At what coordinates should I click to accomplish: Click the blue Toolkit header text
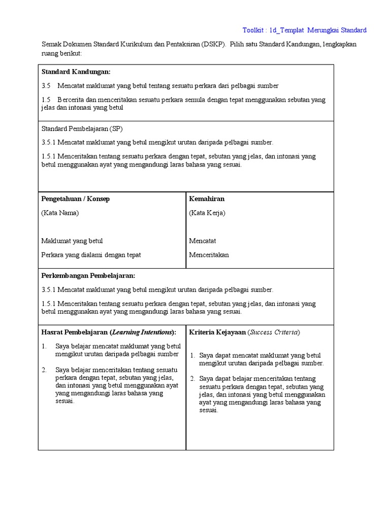[304, 30]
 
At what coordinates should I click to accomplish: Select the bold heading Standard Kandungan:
[76, 72]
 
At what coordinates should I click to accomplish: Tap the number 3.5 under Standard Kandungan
[46, 86]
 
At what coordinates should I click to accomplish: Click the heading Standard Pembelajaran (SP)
[82, 128]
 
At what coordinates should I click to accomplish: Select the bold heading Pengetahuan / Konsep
[75, 199]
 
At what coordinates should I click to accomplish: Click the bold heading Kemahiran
[207, 199]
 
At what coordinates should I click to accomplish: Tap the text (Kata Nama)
[60, 213]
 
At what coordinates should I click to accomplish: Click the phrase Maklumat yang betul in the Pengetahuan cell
[72, 241]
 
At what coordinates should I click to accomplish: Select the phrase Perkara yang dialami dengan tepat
[91, 255]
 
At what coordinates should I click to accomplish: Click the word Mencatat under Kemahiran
[202, 241]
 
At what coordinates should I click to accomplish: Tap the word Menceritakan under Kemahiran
[209, 255]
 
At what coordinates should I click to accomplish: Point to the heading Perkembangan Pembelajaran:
[88, 275]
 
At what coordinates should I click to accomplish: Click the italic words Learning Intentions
[142, 332]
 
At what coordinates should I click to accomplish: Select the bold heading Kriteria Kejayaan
[217, 332]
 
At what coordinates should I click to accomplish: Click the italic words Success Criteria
[274, 332]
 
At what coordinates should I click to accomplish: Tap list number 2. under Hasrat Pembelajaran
[45, 370]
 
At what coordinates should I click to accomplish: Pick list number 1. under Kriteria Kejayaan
[193, 355]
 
